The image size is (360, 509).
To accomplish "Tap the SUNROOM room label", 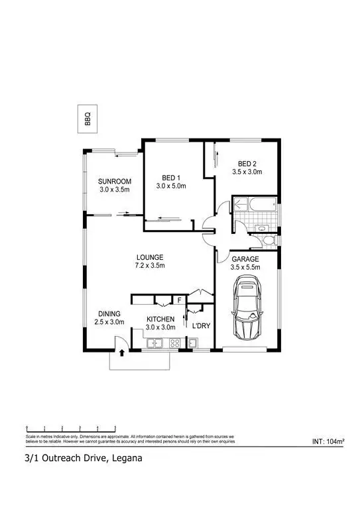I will coord(115,182).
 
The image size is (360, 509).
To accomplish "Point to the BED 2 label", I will coord(247,164).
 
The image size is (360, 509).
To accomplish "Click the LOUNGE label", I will coord(150,257).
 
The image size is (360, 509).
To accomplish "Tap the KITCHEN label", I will coord(160,319).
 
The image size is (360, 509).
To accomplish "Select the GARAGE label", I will coord(244,258).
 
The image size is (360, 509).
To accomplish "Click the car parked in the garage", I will coord(247,309).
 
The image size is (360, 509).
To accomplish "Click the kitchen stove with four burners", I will coord(176,343).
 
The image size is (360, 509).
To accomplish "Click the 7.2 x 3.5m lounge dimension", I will coord(150,265).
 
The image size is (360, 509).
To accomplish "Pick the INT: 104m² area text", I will coord(331,441).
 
